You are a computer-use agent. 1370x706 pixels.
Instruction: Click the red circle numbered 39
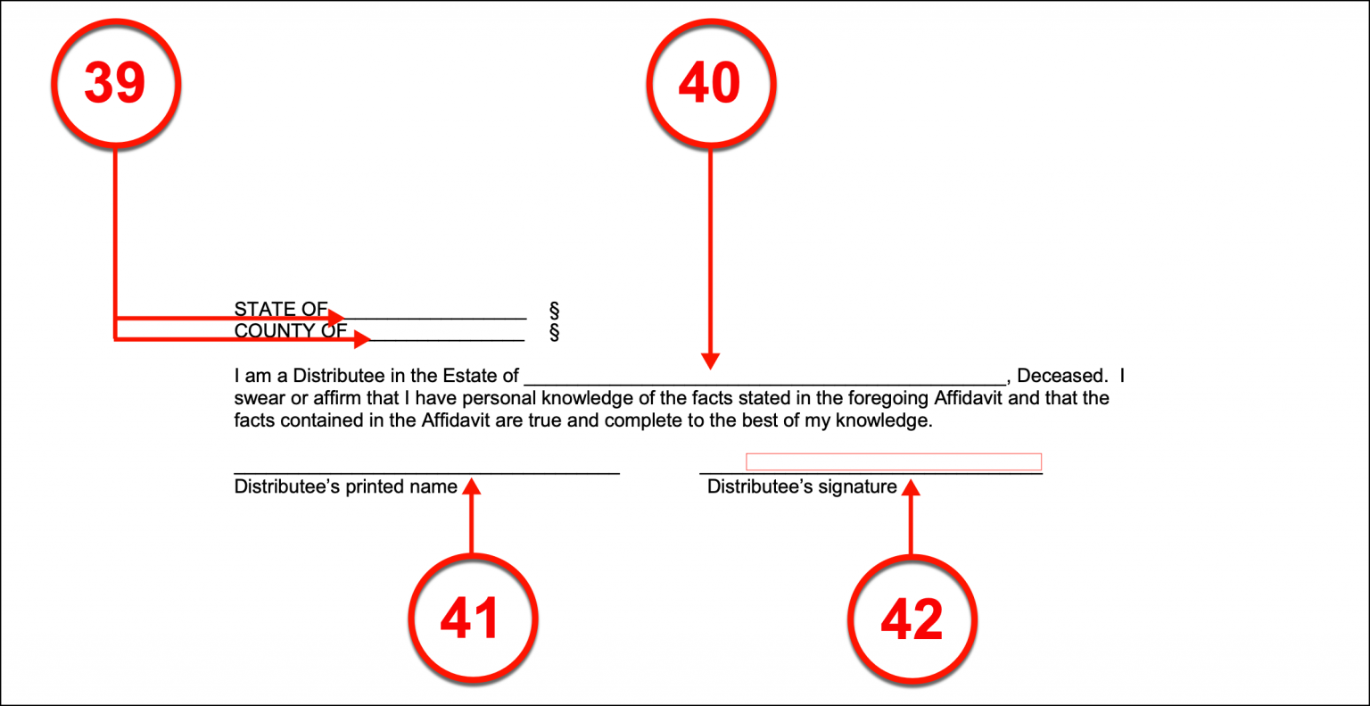click(115, 82)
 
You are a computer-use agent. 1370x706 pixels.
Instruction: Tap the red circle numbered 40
click(711, 82)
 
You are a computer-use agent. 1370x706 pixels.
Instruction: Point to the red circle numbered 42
click(911, 619)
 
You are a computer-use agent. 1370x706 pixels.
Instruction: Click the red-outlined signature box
click(893, 461)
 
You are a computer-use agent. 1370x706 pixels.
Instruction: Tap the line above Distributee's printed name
click(426, 472)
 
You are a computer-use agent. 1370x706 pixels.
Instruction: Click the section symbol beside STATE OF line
click(554, 311)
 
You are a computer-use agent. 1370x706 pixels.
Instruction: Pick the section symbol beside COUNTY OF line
click(554, 333)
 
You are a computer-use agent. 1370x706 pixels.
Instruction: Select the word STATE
click(260, 309)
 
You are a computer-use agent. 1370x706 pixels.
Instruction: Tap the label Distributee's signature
click(802, 487)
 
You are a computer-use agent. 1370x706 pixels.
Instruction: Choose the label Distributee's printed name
click(345, 487)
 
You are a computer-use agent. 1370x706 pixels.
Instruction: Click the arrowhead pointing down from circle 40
click(710, 361)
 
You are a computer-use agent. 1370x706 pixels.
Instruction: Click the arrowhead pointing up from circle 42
click(911, 487)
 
